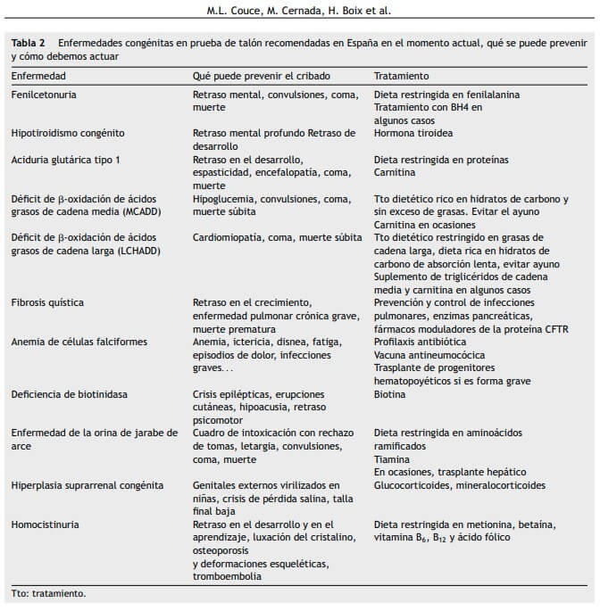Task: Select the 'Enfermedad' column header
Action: point(38,77)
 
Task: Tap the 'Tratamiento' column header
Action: point(401,77)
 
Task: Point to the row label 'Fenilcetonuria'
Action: point(43,95)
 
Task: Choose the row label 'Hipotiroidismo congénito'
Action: point(67,133)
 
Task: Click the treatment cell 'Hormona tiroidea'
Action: point(413,133)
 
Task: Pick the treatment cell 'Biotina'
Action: point(389,394)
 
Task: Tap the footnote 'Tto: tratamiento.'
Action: point(49,592)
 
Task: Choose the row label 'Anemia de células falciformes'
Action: point(79,342)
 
